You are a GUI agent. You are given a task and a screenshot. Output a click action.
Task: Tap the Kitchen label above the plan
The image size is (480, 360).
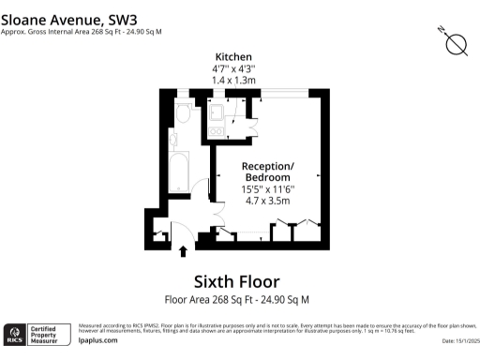[233, 57]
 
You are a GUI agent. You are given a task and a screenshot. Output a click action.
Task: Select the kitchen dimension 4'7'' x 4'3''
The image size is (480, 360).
[233, 69]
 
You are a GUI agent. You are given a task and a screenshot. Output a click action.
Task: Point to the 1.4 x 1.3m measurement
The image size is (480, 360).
[233, 82]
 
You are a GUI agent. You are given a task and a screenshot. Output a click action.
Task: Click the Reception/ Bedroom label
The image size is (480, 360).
[268, 172]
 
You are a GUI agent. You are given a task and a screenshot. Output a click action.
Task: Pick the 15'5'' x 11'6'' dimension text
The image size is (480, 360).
[268, 187]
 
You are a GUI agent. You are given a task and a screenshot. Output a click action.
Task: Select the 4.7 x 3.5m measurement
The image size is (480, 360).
[268, 200]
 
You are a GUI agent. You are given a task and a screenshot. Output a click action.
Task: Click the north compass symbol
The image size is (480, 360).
[457, 43]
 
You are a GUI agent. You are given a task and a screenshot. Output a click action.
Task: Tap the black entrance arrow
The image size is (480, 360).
[183, 250]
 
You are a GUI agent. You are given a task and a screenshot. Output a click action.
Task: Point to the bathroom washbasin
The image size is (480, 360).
[174, 142]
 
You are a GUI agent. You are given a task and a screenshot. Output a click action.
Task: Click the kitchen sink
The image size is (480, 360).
[217, 113]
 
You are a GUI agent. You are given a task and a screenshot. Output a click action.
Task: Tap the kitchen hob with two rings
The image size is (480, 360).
[217, 131]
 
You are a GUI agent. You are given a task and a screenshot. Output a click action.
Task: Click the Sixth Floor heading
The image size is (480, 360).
[236, 281]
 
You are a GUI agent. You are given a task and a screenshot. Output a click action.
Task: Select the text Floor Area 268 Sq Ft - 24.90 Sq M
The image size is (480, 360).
[236, 300]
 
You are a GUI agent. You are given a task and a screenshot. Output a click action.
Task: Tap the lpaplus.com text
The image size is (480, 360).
[97, 341]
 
